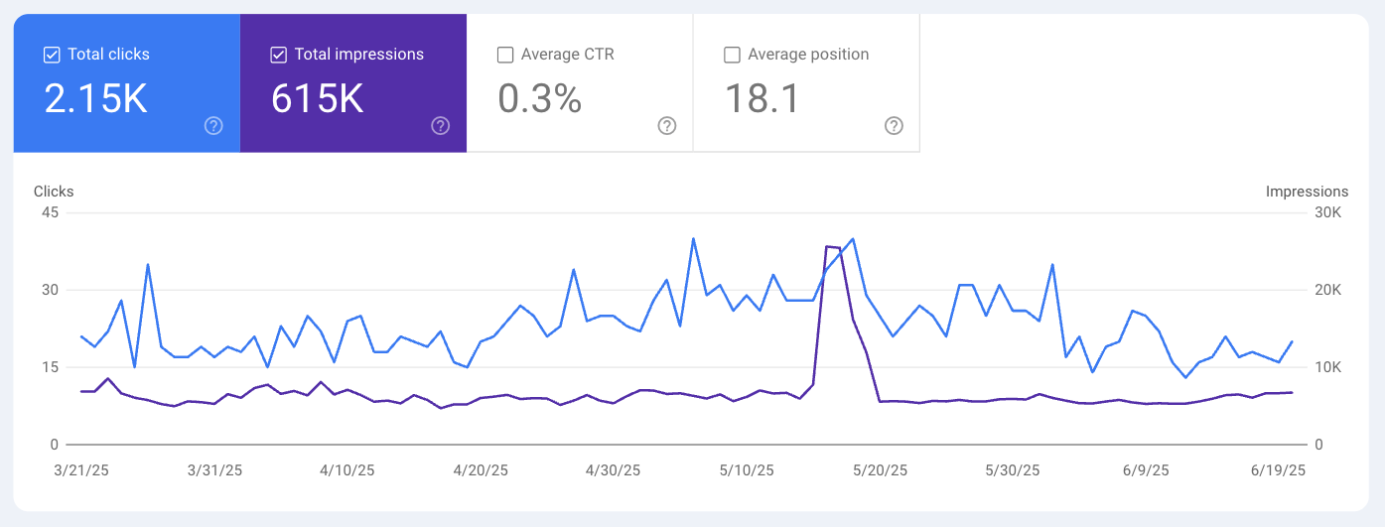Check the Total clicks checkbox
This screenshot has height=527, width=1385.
(x=53, y=55)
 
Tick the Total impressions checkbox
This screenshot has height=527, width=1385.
(x=279, y=55)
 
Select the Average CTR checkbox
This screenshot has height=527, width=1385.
(x=505, y=55)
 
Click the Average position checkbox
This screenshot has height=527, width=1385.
(x=732, y=55)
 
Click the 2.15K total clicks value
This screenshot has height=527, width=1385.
(x=95, y=99)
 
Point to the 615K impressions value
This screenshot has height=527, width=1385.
(x=317, y=99)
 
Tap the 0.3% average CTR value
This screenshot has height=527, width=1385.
(x=539, y=99)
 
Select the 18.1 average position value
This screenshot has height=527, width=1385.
(x=762, y=99)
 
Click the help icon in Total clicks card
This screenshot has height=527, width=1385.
(x=213, y=126)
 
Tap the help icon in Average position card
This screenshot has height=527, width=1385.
(x=894, y=126)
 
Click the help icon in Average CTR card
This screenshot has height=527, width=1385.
(x=667, y=126)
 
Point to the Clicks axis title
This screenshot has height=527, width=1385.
(x=54, y=192)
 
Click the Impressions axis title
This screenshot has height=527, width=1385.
(x=1307, y=192)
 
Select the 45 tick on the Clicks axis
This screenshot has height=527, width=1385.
(x=50, y=213)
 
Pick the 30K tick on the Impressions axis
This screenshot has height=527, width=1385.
(x=1329, y=213)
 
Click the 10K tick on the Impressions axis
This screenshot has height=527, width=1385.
(x=1329, y=367)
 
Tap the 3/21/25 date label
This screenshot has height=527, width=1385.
(x=80, y=470)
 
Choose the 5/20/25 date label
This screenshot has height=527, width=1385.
(x=880, y=470)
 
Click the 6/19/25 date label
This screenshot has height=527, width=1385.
(x=1278, y=470)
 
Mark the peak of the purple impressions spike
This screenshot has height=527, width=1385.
(x=828, y=246)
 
